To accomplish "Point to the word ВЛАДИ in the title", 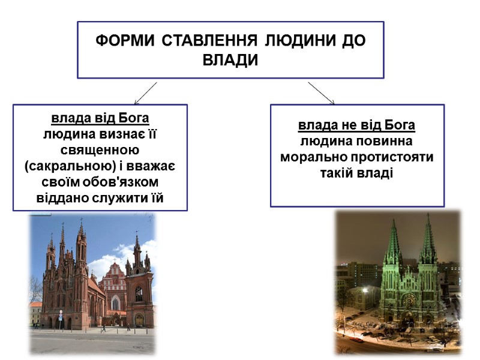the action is click(230, 60).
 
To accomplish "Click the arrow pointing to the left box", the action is click(145, 94).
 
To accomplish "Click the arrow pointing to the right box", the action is click(322, 93).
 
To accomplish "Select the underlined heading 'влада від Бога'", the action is click(100, 117).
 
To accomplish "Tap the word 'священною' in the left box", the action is click(100, 149).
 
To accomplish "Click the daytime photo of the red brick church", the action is click(93, 282).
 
